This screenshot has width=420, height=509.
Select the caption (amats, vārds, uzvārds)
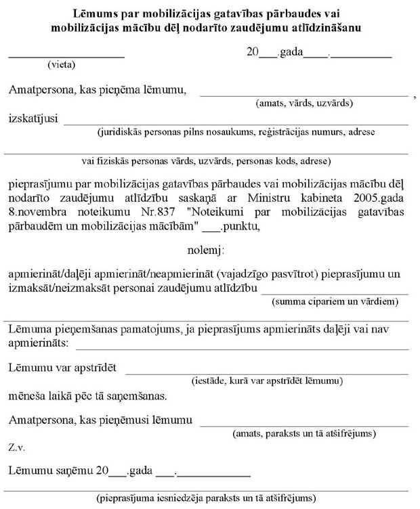(x=303, y=104)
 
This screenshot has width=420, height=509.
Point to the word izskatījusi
(x=33, y=118)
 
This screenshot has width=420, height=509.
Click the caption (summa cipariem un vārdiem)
(x=335, y=301)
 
